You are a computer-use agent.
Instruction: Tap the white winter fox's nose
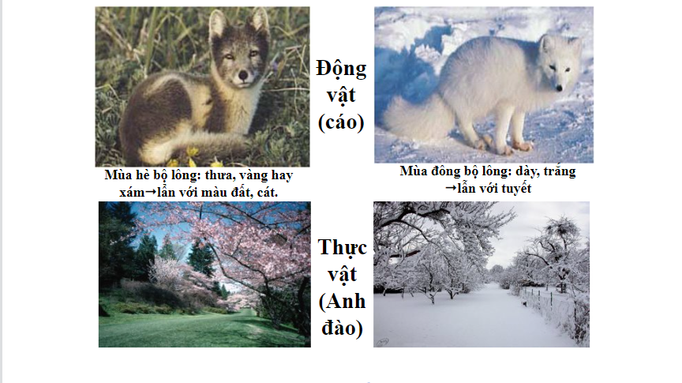(x=560, y=88)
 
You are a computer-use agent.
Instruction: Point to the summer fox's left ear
(x=218, y=24)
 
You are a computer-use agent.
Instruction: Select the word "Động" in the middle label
(x=341, y=69)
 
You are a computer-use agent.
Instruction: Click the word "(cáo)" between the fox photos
(x=341, y=122)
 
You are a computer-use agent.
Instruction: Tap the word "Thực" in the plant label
(x=343, y=248)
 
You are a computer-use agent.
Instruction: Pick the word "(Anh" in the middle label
(x=343, y=301)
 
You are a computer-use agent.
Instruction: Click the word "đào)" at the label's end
(x=343, y=328)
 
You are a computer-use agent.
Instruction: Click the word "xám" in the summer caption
(x=132, y=193)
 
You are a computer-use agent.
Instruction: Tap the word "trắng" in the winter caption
(x=559, y=171)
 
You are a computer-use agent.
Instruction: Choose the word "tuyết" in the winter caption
(x=516, y=189)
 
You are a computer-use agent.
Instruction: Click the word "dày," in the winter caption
(x=526, y=171)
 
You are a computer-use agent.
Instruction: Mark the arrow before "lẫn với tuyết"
(x=451, y=189)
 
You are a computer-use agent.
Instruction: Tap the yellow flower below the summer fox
(x=193, y=152)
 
